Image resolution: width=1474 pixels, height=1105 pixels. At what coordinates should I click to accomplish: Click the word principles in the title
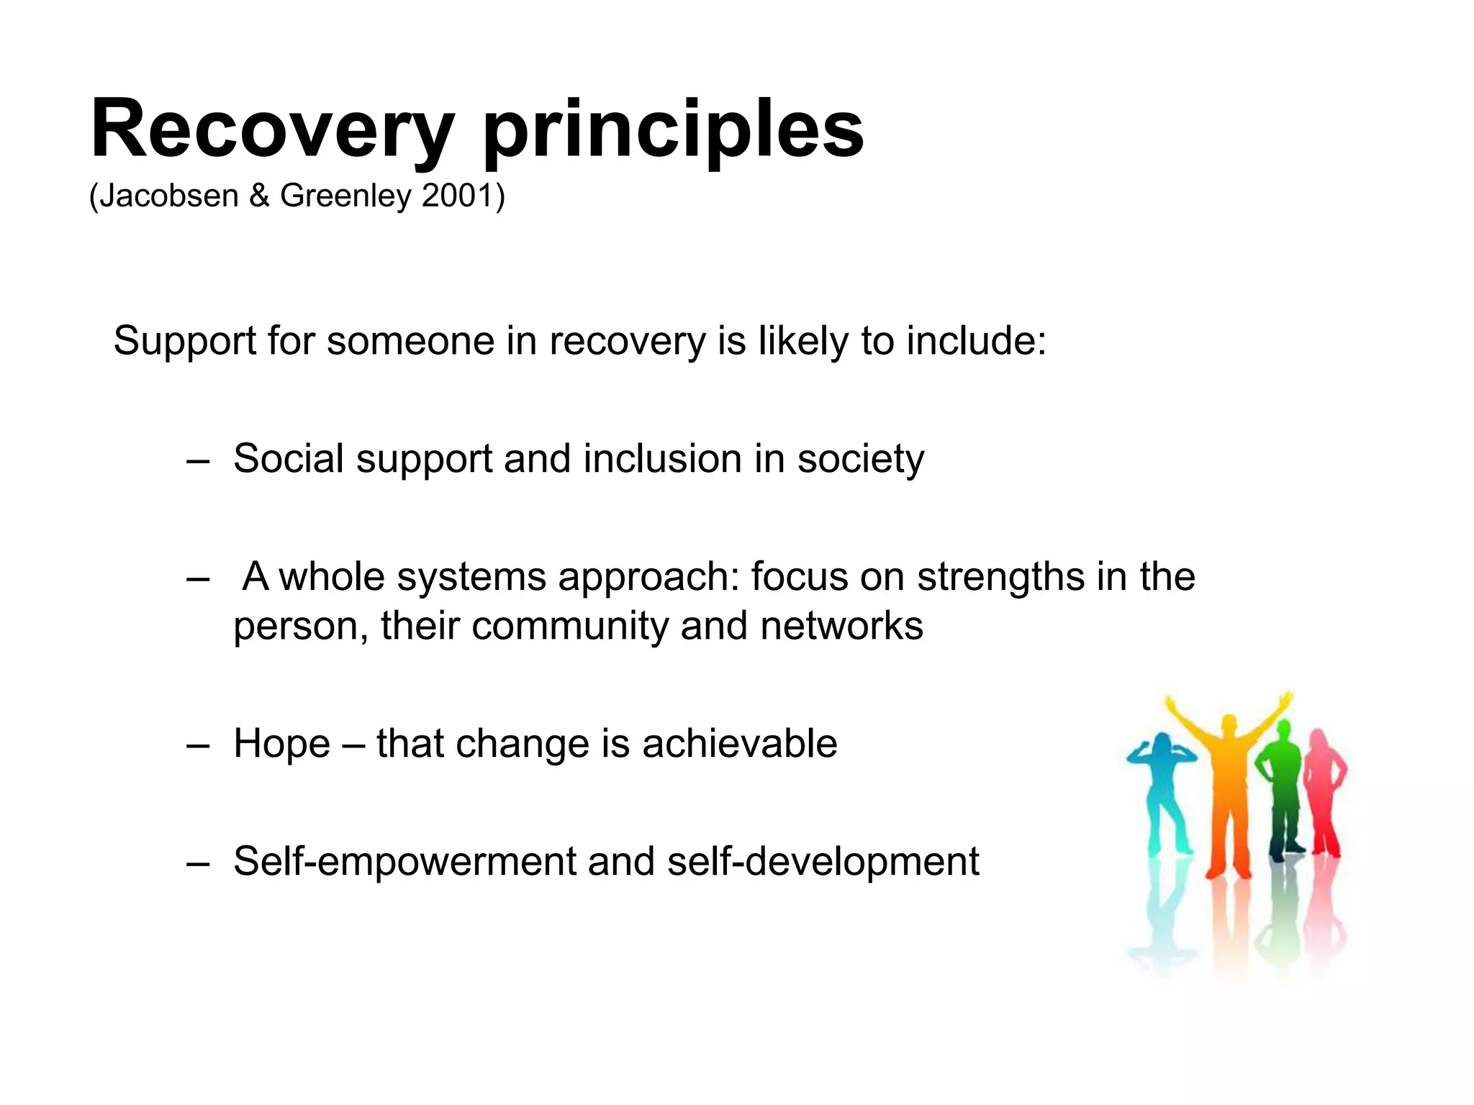(672, 131)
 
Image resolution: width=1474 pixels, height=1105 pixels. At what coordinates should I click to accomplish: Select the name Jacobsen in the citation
(168, 196)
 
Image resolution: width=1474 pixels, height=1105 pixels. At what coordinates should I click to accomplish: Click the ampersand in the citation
(259, 196)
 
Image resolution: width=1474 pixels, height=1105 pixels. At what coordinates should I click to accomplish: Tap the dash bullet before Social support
(197, 460)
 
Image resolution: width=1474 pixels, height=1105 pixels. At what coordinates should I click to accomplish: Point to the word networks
(841, 626)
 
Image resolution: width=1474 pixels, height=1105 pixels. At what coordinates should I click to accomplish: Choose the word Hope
(281, 744)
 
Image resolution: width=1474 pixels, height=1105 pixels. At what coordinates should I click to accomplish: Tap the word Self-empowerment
(404, 862)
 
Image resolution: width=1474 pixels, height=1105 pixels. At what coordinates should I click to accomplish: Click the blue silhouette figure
(1163, 791)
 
